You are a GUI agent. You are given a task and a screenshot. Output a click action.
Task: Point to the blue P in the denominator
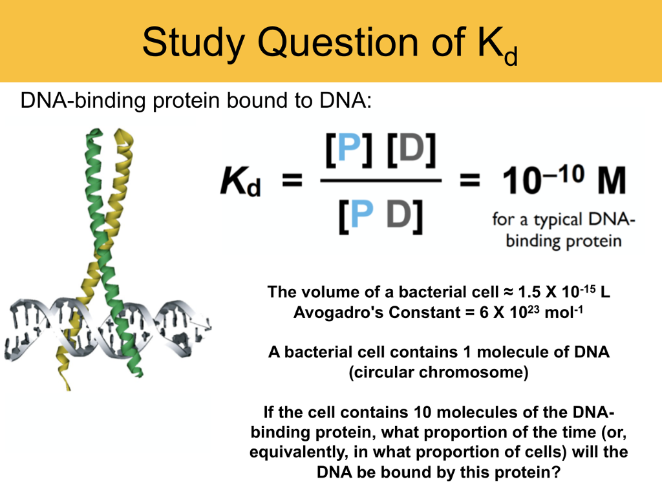[x=362, y=214]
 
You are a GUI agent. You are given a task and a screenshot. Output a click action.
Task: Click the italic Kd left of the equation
[x=240, y=182]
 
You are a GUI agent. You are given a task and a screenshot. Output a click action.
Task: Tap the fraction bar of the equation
[x=381, y=180]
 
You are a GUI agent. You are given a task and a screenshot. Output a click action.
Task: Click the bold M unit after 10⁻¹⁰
[x=611, y=180]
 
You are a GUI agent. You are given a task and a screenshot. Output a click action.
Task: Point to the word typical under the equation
[x=559, y=220]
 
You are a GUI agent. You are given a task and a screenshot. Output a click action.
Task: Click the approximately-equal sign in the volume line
[x=507, y=292]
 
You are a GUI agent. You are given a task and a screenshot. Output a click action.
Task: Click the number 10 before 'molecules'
[x=423, y=412]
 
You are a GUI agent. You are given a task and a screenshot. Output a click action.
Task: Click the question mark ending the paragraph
[x=555, y=472]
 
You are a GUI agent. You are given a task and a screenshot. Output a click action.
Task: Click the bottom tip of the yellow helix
[x=68, y=388]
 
